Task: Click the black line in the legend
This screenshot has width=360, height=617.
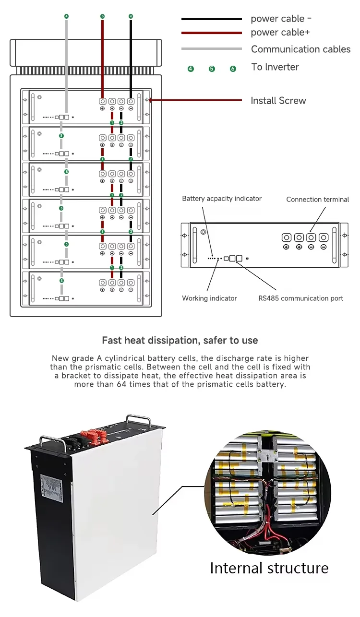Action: pyautogui.click(x=211, y=19)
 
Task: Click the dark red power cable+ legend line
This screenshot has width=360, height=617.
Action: pyautogui.click(x=211, y=33)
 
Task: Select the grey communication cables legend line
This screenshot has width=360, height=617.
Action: pyautogui.click(x=211, y=48)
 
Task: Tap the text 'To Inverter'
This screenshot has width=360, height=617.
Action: pyautogui.click(x=275, y=67)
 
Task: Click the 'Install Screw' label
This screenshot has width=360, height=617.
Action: pyautogui.click(x=278, y=100)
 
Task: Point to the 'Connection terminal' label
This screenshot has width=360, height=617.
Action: pyautogui.click(x=317, y=199)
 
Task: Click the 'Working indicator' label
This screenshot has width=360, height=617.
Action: pyautogui.click(x=209, y=298)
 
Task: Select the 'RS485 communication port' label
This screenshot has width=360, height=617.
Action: pyautogui.click(x=300, y=298)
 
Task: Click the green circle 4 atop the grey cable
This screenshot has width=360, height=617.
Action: pyautogui.click(x=66, y=16)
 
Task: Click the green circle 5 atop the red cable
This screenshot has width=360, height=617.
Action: pyautogui.click(x=102, y=16)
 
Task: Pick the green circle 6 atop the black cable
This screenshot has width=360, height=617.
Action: pyautogui.click(x=131, y=16)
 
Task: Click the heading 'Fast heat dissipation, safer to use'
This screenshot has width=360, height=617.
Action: pyautogui.click(x=180, y=340)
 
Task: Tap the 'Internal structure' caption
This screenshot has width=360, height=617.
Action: pyautogui.click(x=269, y=568)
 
